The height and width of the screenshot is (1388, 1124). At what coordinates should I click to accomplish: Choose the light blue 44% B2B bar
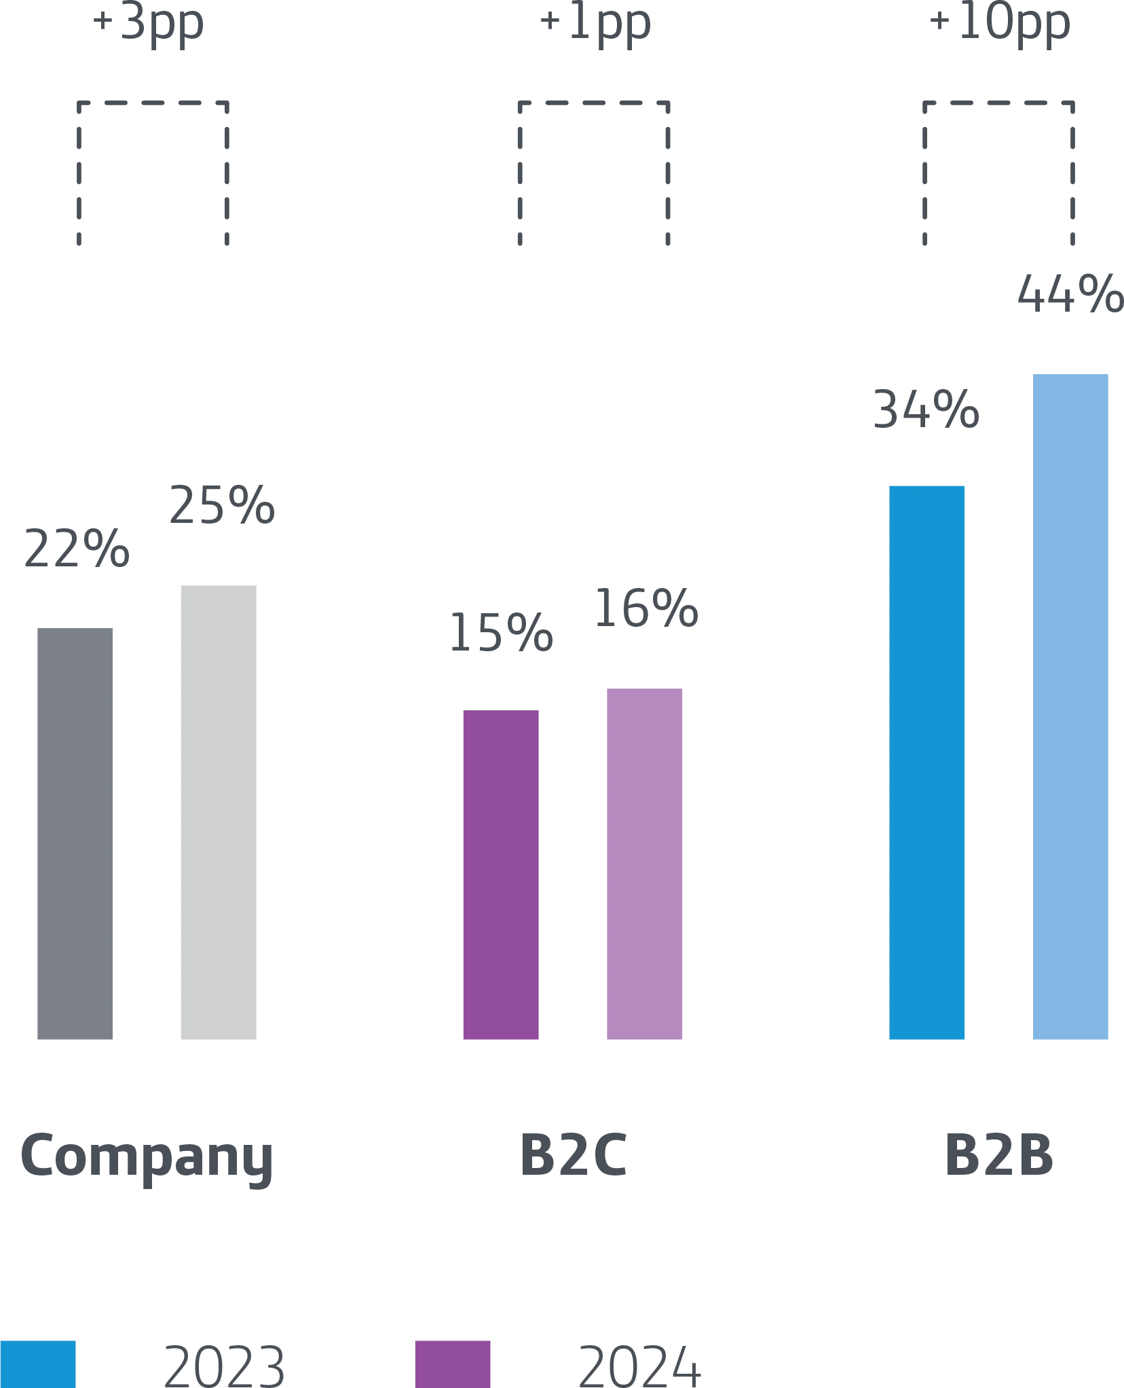click(1072, 706)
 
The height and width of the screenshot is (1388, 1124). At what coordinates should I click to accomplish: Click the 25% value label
click(222, 505)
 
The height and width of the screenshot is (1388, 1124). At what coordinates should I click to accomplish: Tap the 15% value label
click(502, 632)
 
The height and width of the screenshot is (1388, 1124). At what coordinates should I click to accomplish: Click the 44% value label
click(1068, 295)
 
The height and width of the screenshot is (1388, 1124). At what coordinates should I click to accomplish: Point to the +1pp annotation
click(595, 26)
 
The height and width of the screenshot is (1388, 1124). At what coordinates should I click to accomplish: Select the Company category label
click(147, 1157)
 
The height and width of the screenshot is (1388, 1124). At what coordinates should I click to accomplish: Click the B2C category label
click(575, 1154)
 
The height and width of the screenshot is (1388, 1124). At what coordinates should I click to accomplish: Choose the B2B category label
click(998, 1154)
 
